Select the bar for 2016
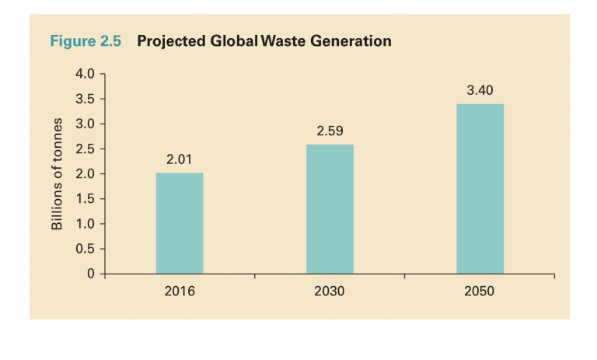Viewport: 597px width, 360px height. click(180, 223)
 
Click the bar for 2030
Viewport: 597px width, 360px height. click(330, 209)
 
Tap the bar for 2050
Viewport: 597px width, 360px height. click(480, 189)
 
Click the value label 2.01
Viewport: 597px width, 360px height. click(180, 160)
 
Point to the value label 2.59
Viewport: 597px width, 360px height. click(330, 131)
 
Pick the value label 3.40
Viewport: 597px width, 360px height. click(480, 91)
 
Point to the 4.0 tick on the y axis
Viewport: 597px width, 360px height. click(84, 75)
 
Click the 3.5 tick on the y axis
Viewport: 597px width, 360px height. click(84, 100)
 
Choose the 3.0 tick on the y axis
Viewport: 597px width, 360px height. click(84, 124)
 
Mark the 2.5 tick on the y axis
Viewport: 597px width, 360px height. click(84, 149)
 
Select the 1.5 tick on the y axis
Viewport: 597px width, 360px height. click(84, 199)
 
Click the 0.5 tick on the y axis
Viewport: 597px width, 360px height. click(84, 249)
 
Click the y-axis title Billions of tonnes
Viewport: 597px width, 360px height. click(57, 174)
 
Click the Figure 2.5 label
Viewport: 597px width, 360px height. click(86, 41)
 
